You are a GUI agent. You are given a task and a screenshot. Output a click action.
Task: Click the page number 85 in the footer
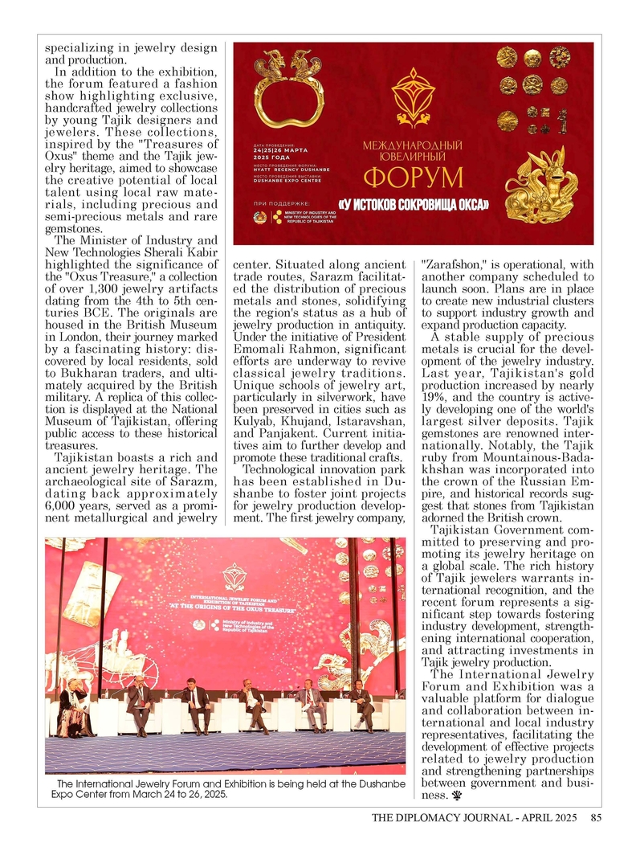595,819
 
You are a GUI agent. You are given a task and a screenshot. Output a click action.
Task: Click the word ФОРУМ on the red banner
413,178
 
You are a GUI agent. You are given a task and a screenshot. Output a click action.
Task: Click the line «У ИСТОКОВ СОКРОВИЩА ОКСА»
413,205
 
